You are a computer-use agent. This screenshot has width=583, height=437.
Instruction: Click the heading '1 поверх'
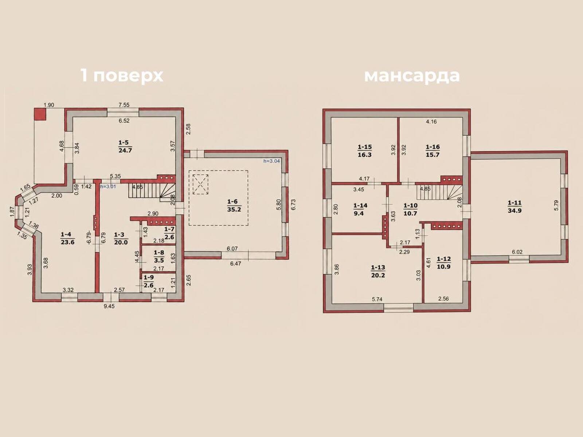(x=122, y=76)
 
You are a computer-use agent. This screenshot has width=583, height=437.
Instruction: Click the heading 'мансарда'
(x=412, y=76)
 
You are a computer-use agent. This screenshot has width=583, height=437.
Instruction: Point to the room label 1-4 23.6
(x=68, y=238)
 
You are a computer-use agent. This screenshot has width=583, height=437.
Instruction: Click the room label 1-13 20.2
(x=378, y=271)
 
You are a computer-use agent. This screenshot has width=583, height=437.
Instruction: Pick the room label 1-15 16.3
(x=365, y=151)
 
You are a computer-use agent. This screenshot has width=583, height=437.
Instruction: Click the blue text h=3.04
(x=271, y=161)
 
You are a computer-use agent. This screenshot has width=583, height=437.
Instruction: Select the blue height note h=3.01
(x=108, y=186)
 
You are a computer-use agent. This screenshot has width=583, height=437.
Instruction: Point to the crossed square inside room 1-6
(x=200, y=184)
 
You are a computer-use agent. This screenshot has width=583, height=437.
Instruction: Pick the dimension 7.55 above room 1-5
(x=124, y=105)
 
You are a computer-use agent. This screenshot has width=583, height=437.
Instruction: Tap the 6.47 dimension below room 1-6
(x=236, y=264)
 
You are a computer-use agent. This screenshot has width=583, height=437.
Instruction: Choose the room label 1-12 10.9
(x=444, y=263)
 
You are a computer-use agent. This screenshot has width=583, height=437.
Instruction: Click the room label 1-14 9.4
(x=360, y=210)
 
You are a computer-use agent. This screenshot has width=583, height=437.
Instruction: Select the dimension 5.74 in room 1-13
(x=377, y=299)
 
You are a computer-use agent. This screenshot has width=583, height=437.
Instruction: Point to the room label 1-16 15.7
(x=433, y=151)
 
